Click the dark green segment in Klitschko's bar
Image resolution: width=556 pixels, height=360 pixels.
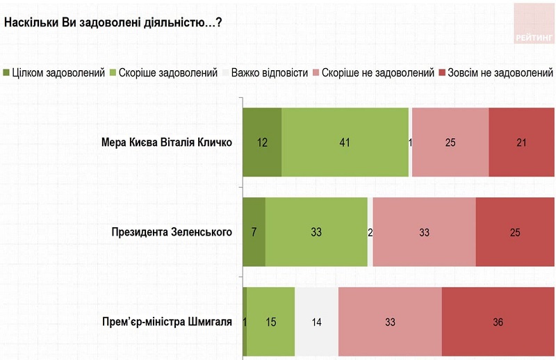[x=262, y=142]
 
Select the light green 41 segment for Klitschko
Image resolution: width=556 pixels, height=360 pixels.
[x=345, y=142]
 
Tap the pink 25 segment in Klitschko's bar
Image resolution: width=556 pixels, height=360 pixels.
[x=450, y=142]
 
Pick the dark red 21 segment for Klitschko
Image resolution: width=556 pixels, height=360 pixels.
[x=521, y=142]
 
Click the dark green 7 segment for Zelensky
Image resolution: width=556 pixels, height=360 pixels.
[x=254, y=232]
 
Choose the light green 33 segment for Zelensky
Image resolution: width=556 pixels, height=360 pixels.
[x=316, y=232]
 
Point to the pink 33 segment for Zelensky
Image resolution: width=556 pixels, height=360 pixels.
[x=424, y=232]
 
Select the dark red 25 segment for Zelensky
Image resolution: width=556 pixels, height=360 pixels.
[x=515, y=232]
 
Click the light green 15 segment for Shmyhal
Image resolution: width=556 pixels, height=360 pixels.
[x=270, y=322]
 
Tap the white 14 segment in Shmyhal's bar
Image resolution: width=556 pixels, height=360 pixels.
[x=316, y=322]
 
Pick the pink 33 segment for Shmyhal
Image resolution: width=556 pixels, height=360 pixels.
[x=390, y=322]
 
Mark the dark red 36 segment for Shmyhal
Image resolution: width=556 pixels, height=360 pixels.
[x=498, y=322]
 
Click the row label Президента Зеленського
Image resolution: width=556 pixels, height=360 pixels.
[x=171, y=232]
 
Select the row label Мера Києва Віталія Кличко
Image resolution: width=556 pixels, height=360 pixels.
[x=166, y=143]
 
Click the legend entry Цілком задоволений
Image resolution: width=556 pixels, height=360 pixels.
[x=54, y=72]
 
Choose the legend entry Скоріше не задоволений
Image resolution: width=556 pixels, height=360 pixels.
[x=374, y=72]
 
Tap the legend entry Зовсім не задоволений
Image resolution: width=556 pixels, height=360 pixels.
[x=495, y=72]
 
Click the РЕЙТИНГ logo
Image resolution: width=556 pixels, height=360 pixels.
[x=534, y=24]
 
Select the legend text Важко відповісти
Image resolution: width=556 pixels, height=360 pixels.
[x=269, y=72]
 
